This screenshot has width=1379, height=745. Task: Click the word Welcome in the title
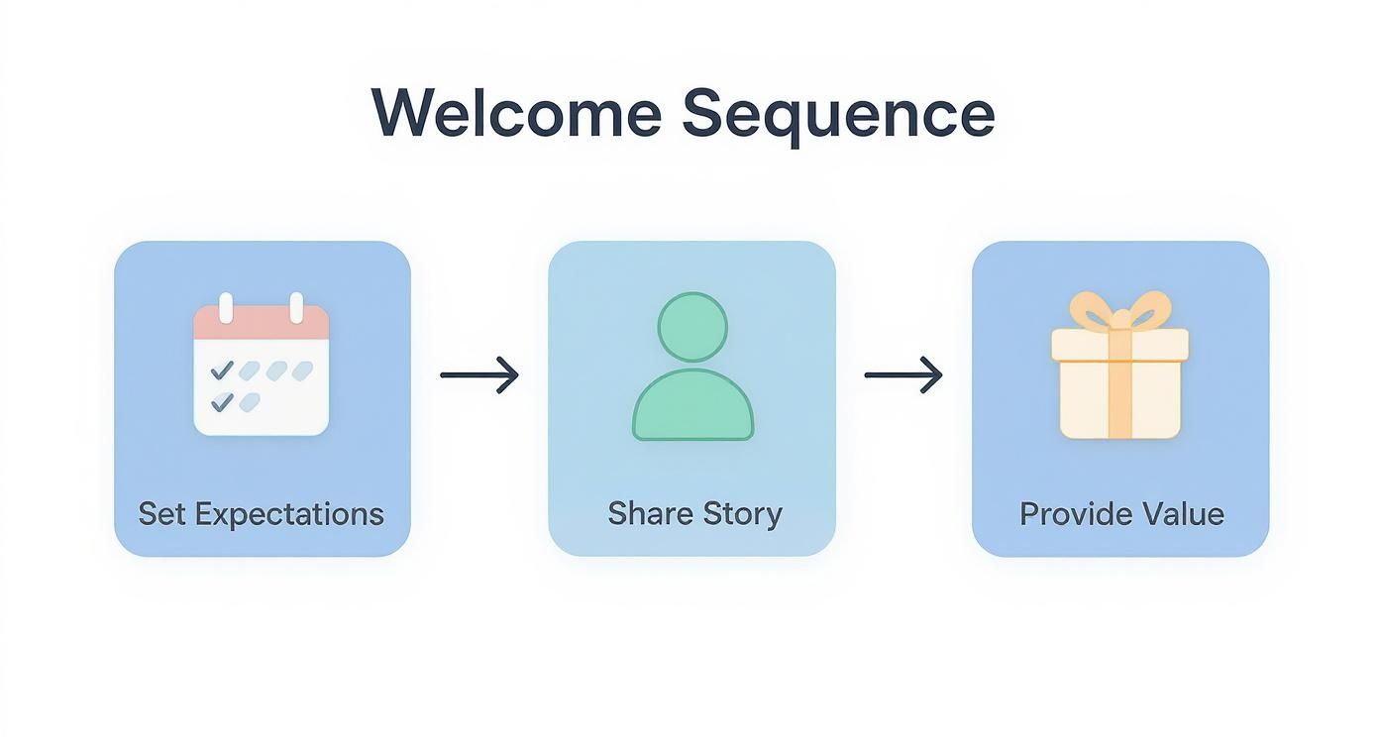515,113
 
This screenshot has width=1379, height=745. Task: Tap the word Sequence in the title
838,115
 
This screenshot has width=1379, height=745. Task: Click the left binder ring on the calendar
226,307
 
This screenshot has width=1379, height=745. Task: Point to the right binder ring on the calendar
295,307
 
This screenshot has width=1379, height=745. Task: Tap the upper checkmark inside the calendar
222,370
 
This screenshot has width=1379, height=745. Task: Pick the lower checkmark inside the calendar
222,401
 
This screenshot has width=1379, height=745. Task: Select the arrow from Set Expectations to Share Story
479,375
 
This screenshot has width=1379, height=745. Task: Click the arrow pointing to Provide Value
902,375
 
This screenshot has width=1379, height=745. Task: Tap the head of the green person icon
692,327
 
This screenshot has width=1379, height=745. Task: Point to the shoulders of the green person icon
692,406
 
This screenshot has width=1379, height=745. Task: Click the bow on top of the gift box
1119,311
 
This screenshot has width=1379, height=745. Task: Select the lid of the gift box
1119,345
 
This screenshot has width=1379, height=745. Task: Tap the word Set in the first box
162,513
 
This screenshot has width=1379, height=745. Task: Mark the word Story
743,514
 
